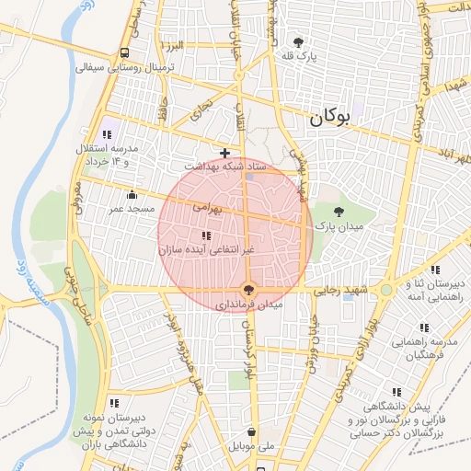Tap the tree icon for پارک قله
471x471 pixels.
pyautogui.click(x=297, y=41)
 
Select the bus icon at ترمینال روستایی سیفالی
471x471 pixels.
pyautogui.click(x=124, y=52)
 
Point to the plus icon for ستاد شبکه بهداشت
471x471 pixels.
pyautogui.click(x=224, y=152)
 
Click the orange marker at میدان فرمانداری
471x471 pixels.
pyautogui.click(x=247, y=289)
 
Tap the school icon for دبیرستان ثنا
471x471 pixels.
pyautogui.click(x=434, y=270)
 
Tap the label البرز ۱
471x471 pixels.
pyautogui.click(x=172, y=45)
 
